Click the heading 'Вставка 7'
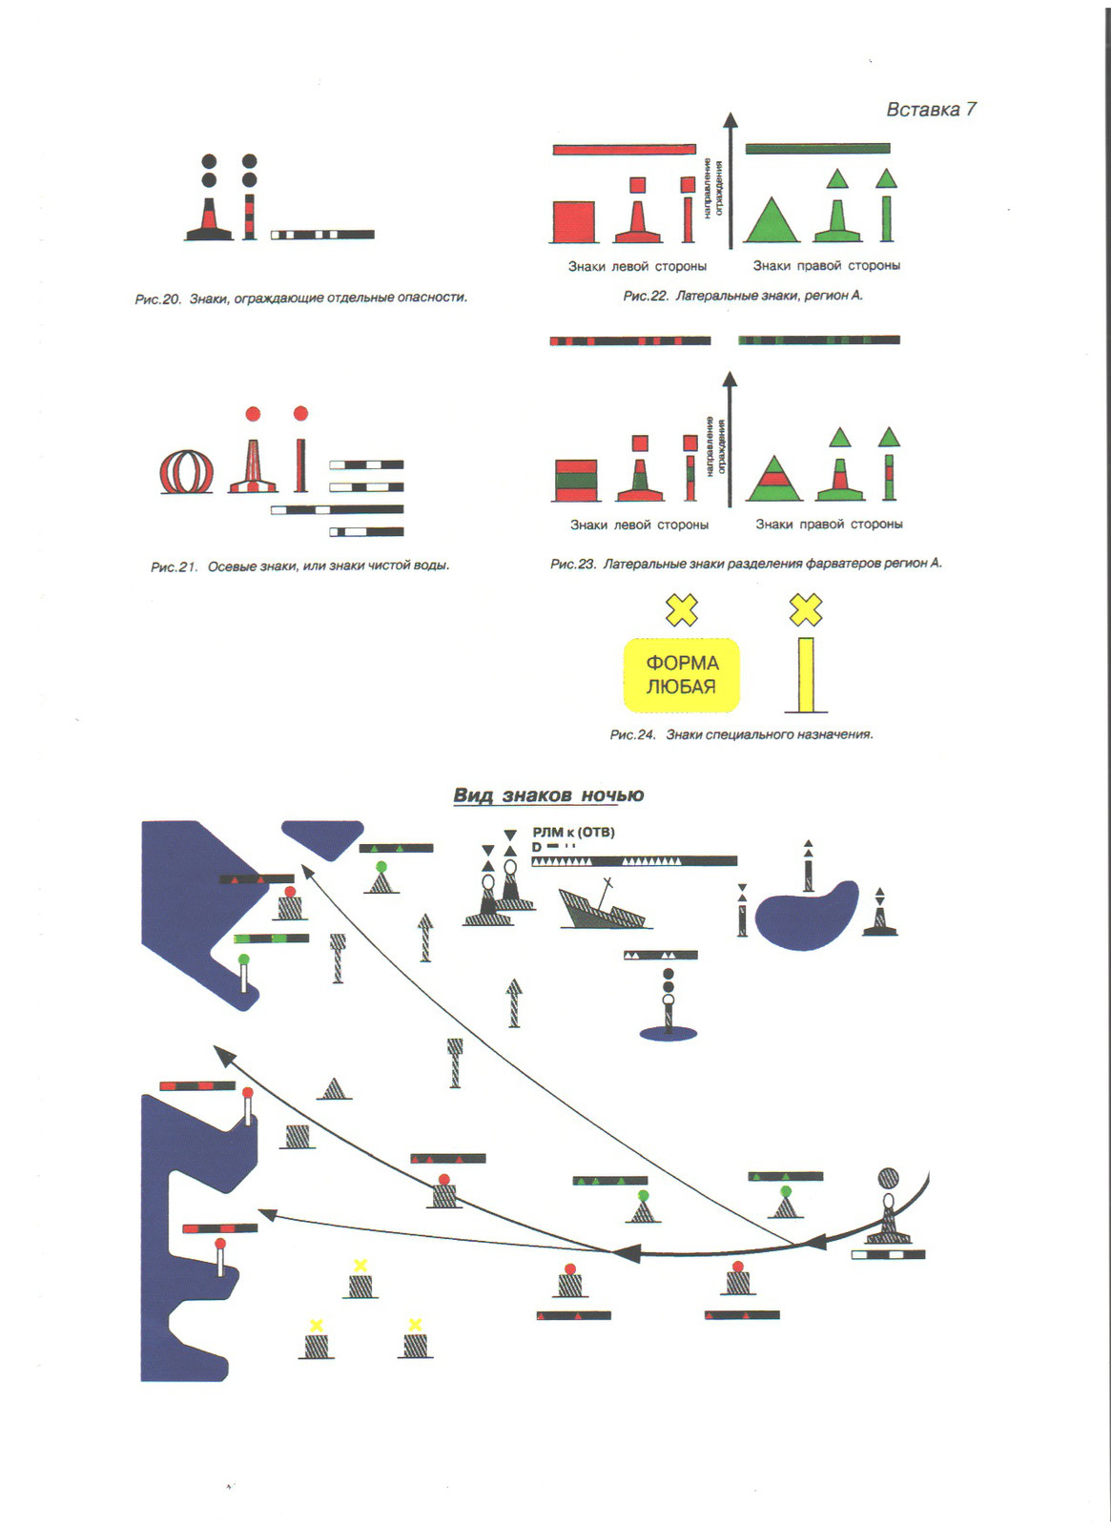[x=931, y=110]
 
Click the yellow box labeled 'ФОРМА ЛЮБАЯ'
[x=681, y=675]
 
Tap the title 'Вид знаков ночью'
[x=548, y=795]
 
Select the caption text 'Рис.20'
[x=158, y=299]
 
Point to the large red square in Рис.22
[x=574, y=222]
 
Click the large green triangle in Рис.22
[x=772, y=220]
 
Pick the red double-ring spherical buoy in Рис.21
[x=186, y=471]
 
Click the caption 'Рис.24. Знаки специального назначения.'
[x=741, y=734]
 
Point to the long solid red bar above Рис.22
[x=624, y=150]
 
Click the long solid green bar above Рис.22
[x=817, y=149]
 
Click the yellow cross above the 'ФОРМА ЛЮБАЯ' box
[x=682, y=609]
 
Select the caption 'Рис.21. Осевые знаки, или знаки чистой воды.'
[x=299, y=566]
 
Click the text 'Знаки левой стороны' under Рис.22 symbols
[x=637, y=266]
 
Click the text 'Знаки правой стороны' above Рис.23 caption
[x=829, y=524]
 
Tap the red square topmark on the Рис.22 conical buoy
[x=637, y=185]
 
